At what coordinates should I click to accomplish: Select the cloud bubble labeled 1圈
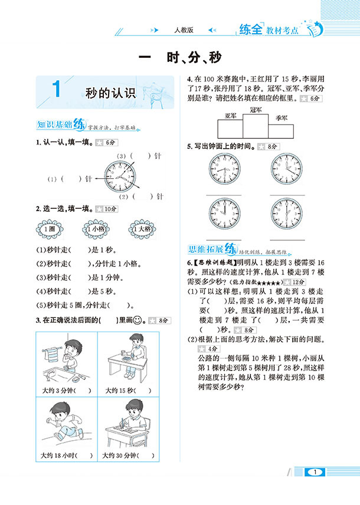(x=49, y=229)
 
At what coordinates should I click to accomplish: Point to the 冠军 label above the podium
(x=256, y=110)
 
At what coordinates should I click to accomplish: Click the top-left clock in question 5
(x=224, y=170)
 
